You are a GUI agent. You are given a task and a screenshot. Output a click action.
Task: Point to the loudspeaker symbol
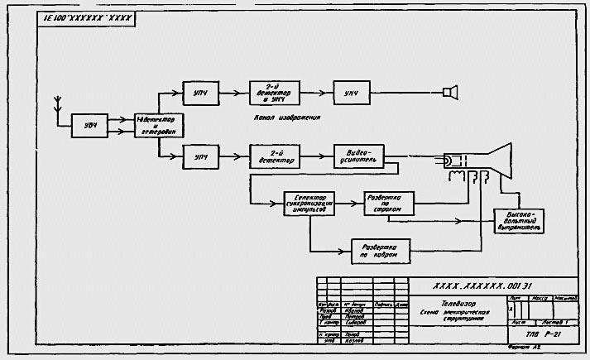pos(451,91)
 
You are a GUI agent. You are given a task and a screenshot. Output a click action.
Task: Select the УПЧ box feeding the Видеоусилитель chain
pos(201,155)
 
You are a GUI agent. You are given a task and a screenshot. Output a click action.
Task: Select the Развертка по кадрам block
pos(381,252)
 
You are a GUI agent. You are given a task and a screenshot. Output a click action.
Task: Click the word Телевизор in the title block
pos(458,303)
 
